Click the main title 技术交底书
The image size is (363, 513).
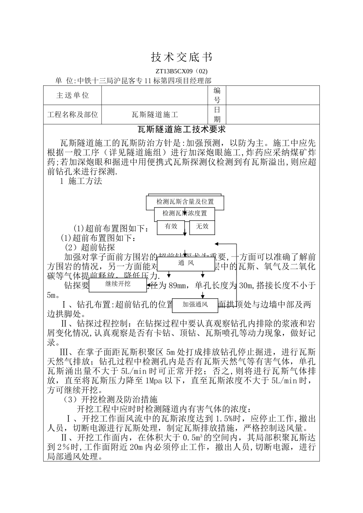(x=181, y=58)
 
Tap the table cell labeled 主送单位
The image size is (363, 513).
(x=73, y=95)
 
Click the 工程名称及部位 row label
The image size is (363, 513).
(x=73, y=115)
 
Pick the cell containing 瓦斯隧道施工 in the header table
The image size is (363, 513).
(x=155, y=115)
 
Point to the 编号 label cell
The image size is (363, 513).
(x=217, y=95)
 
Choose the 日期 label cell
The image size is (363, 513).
(x=217, y=115)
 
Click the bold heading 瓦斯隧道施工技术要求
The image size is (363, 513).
(x=181, y=130)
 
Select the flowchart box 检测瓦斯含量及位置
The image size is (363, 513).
(x=185, y=202)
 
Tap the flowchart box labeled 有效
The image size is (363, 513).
(x=171, y=226)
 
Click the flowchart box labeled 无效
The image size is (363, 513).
(x=202, y=226)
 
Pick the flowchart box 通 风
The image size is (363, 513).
(x=186, y=263)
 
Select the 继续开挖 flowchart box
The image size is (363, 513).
(x=118, y=284)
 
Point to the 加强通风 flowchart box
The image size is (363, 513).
(x=195, y=305)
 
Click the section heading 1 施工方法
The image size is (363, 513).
(x=81, y=181)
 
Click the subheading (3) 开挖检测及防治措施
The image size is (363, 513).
(x=110, y=400)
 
